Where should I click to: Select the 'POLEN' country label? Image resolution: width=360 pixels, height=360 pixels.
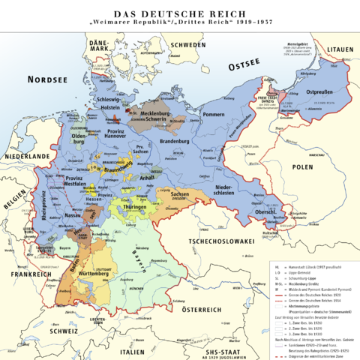click(x=302, y=166)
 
